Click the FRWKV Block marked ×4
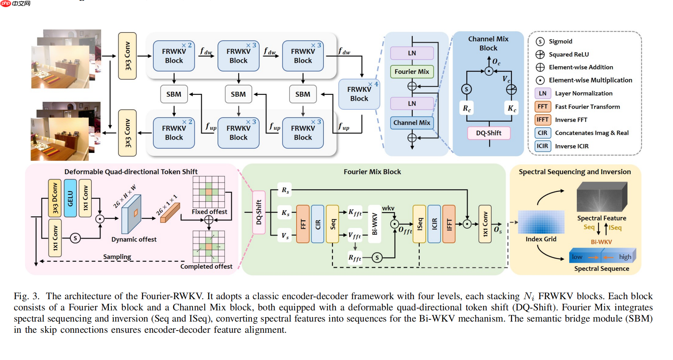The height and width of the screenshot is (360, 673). pyautogui.click(x=359, y=94)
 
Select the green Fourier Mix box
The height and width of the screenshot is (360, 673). pyautogui.click(x=411, y=72)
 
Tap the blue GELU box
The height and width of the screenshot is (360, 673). pyautogui.click(x=70, y=198)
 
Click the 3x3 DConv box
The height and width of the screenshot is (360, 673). pyautogui.click(x=55, y=198)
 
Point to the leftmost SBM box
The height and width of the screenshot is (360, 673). pyautogui.click(x=174, y=94)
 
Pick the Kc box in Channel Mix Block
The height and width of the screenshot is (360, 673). pyautogui.click(x=511, y=109)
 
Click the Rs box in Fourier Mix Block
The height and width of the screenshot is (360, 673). pyautogui.click(x=285, y=190)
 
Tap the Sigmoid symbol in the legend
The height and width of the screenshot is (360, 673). pyautogui.click(x=540, y=41)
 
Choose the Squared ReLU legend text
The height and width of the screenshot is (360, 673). pyautogui.click(x=569, y=54)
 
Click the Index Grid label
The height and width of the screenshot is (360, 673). pyautogui.click(x=541, y=239)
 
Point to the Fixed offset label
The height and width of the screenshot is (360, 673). pyautogui.click(x=209, y=212)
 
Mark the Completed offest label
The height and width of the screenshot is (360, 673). pyautogui.click(x=206, y=266)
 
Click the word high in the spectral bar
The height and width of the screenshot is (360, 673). pyautogui.click(x=625, y=257)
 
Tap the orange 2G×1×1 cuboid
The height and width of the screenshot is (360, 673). pyautogui.click(x=170, y=213)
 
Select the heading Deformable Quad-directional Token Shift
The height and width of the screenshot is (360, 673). pyautogui.click(x=131, y=172)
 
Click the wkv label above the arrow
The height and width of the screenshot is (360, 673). pyautogui.click(x=388, y=208)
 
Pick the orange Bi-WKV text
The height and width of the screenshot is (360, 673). pyautogui.click(x=601, y=242)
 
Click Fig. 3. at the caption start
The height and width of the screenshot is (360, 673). pyautogui.click(x=26, y=296)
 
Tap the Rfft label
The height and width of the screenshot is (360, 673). pyautogui.click(x=354, y=258)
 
